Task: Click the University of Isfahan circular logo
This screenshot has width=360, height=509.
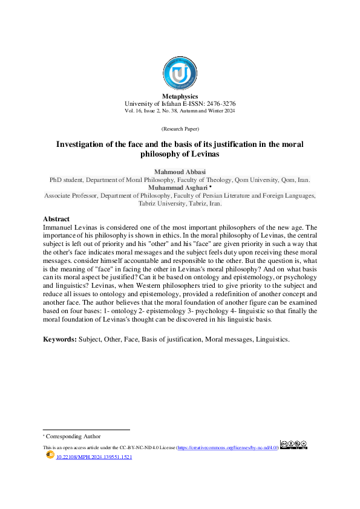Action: coord(180,74)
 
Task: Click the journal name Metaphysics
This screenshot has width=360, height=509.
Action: coord(180,97)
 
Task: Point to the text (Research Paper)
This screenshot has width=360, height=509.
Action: coord(180,130)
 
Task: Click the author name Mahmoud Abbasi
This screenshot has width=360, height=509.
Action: coord(180,172)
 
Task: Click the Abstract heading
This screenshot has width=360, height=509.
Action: coord(56,218)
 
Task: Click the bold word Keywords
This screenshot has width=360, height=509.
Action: coord(59,339)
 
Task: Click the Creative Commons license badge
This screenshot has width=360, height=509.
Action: coord(293,446)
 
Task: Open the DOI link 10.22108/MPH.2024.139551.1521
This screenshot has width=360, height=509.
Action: coord(94,458)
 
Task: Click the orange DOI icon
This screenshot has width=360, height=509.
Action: coord(50,456)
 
